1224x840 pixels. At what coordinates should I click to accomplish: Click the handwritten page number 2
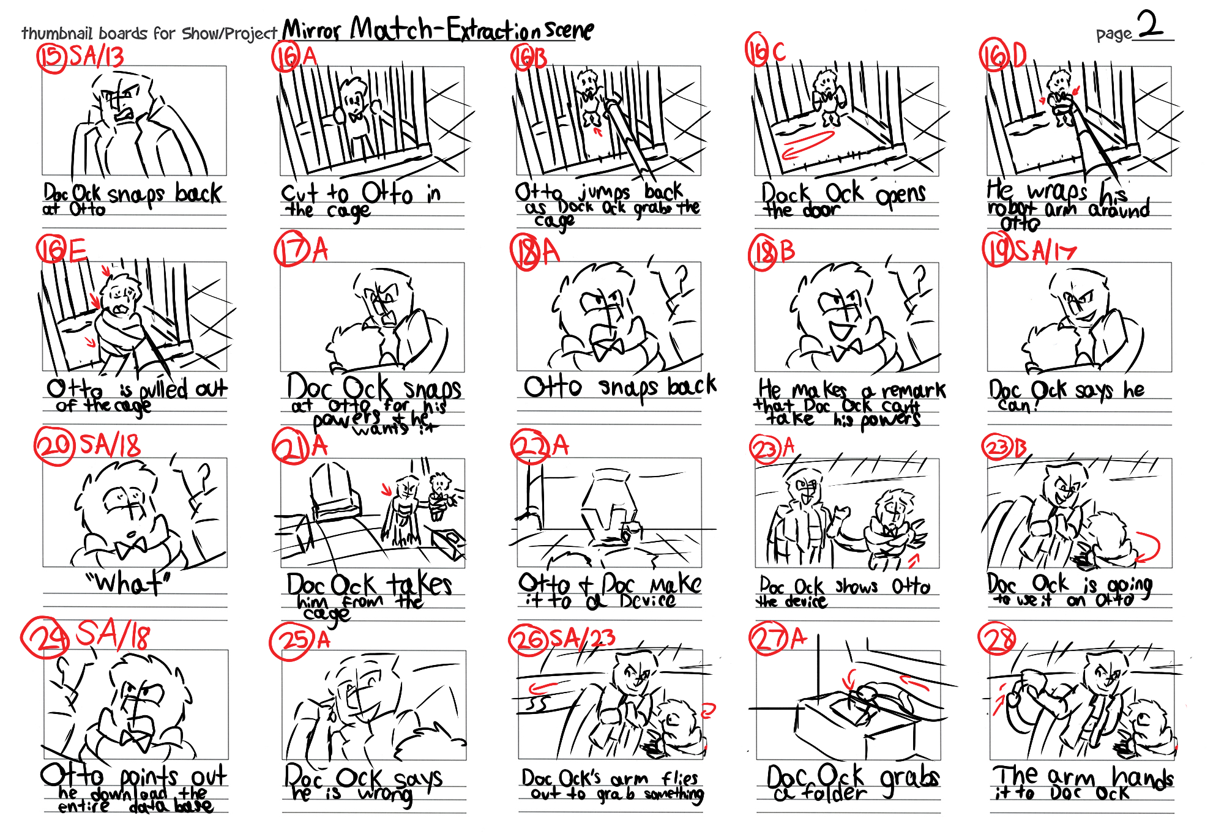[1151, 26]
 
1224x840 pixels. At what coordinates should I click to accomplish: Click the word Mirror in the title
[312, 29]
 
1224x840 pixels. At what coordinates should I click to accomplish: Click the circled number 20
[54, 445]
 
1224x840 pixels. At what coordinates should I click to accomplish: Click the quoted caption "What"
[129, 583]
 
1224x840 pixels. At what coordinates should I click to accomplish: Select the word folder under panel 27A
[835, 794]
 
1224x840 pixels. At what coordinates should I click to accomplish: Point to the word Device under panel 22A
[647, 600]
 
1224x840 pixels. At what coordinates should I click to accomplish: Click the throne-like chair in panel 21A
[334, 492]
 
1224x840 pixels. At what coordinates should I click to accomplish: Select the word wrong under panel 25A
[385, 795]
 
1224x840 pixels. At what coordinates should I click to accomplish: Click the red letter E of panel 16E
[77, 250]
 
